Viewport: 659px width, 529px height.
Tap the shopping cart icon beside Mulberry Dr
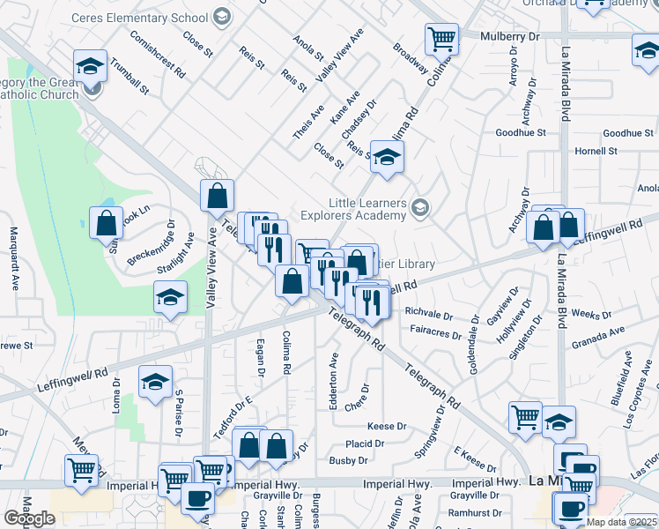[x=441, y=38]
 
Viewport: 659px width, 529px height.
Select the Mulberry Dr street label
[x=510, y=36]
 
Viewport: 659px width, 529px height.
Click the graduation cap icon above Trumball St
[x=89, y=67]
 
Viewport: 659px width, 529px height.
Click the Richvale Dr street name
[x=428, y=313]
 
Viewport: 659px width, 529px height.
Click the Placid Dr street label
[x=364, y=443]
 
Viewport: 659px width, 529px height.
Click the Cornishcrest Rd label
[x=158, y=53]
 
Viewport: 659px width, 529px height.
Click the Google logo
[x=29, y=518]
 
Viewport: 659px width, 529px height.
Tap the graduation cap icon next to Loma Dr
[x=155, y=383]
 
